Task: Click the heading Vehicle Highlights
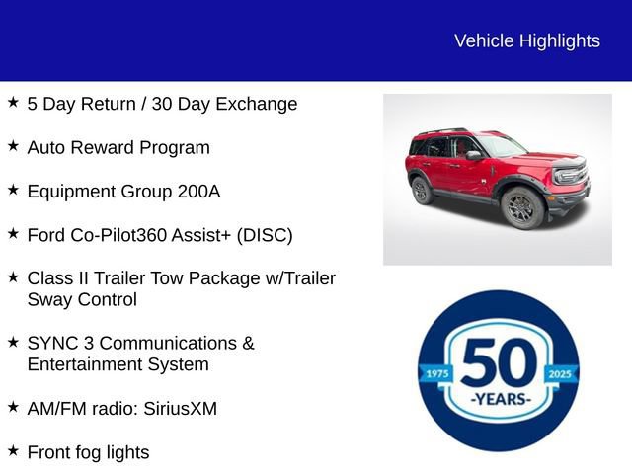click(x=526, y=40)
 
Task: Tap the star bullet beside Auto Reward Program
click(x=13, y=146)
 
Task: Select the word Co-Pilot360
click(x=119, y=235)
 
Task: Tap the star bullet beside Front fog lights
click(x=13, y=450)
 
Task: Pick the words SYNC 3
click(x=61, y=343)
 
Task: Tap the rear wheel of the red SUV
click(x=423, y=190)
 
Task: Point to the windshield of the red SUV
click(x=501, y=146)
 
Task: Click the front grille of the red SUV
click(x=571, y=178)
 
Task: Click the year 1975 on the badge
click(x=435, y=374)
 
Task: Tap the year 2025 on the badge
click(x=560, y=374)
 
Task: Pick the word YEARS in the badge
click(x=499, y=399)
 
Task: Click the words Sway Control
click(x=82, y=299)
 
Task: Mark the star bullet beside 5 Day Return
click(x=13, y=102)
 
